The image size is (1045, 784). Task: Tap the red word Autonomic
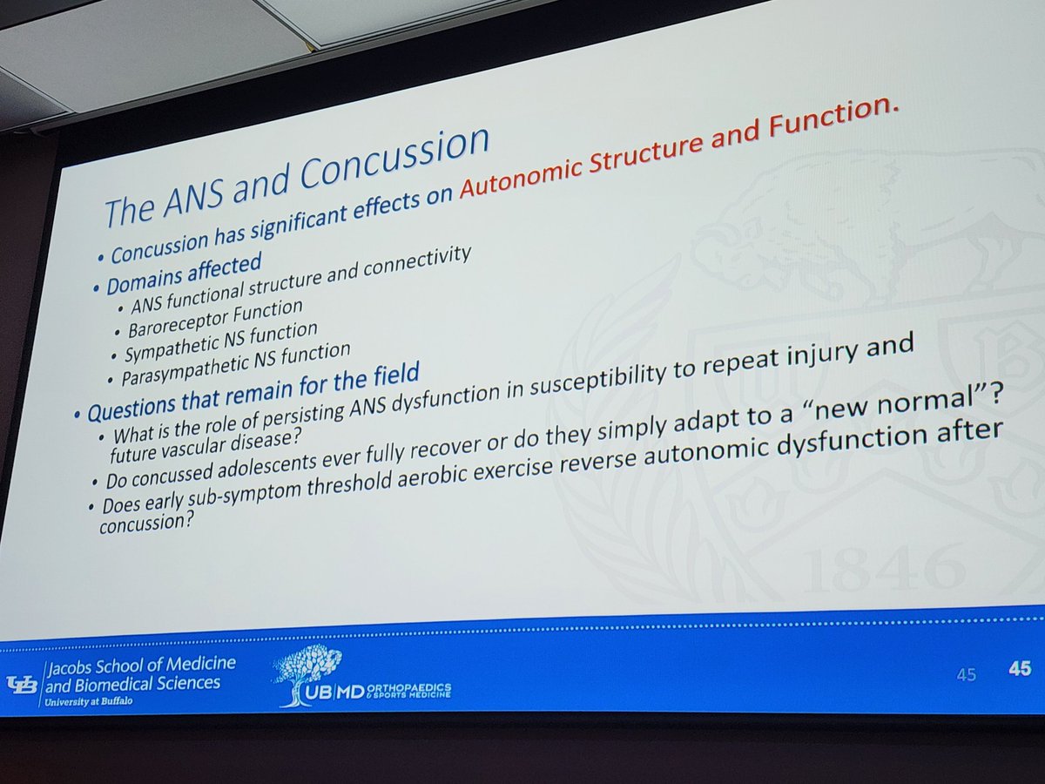point(522,173)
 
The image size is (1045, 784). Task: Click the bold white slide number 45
point(1020,669)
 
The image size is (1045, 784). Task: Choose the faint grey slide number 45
point(967,674)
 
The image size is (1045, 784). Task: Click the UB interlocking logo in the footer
point(22,684)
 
